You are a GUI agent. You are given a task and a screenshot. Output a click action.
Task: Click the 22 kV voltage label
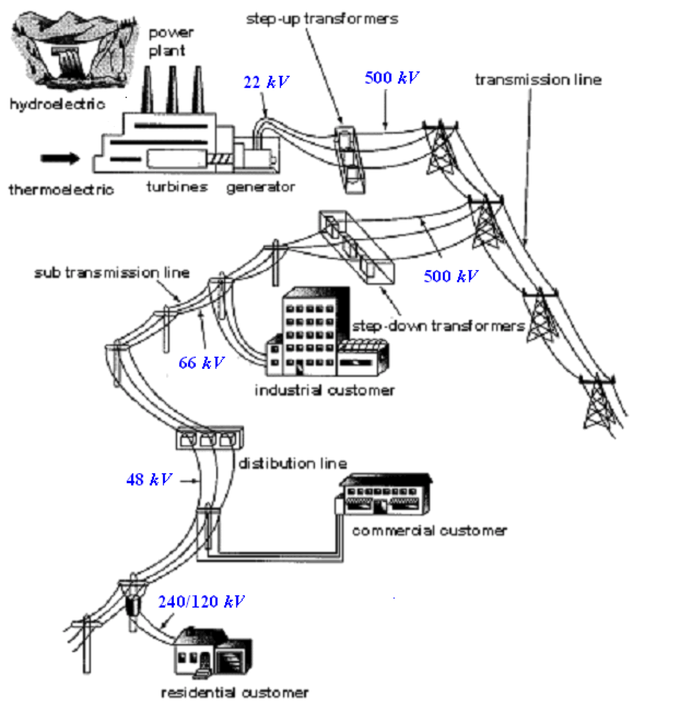pos(266,83)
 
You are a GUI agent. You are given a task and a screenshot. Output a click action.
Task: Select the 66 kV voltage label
pos(201,363)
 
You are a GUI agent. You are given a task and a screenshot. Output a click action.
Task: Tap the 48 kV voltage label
pos(149,480)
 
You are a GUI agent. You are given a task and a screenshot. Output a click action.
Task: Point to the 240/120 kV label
pos(201,602)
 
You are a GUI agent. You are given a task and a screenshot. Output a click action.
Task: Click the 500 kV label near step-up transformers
pos(392,78)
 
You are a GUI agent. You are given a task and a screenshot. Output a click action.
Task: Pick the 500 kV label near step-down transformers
pos(450,276)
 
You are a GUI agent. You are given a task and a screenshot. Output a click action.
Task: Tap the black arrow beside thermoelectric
pos(60,158)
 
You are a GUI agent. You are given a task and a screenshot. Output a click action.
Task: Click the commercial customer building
pos(386,495)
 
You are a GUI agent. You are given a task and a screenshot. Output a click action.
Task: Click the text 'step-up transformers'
pos(322,19)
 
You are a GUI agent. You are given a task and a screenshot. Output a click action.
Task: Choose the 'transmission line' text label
pos(538,80)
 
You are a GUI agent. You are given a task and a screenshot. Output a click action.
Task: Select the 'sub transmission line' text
pos(111,273)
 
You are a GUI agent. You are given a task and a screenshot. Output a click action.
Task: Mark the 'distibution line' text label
pos(293,464)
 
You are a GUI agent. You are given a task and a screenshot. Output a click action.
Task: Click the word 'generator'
pos(261,187)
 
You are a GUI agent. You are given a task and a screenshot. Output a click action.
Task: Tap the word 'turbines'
pos(177,187)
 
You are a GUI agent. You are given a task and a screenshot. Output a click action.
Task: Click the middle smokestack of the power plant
pos(172,90)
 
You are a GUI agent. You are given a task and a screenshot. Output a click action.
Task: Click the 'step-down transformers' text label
pos(438,326)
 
